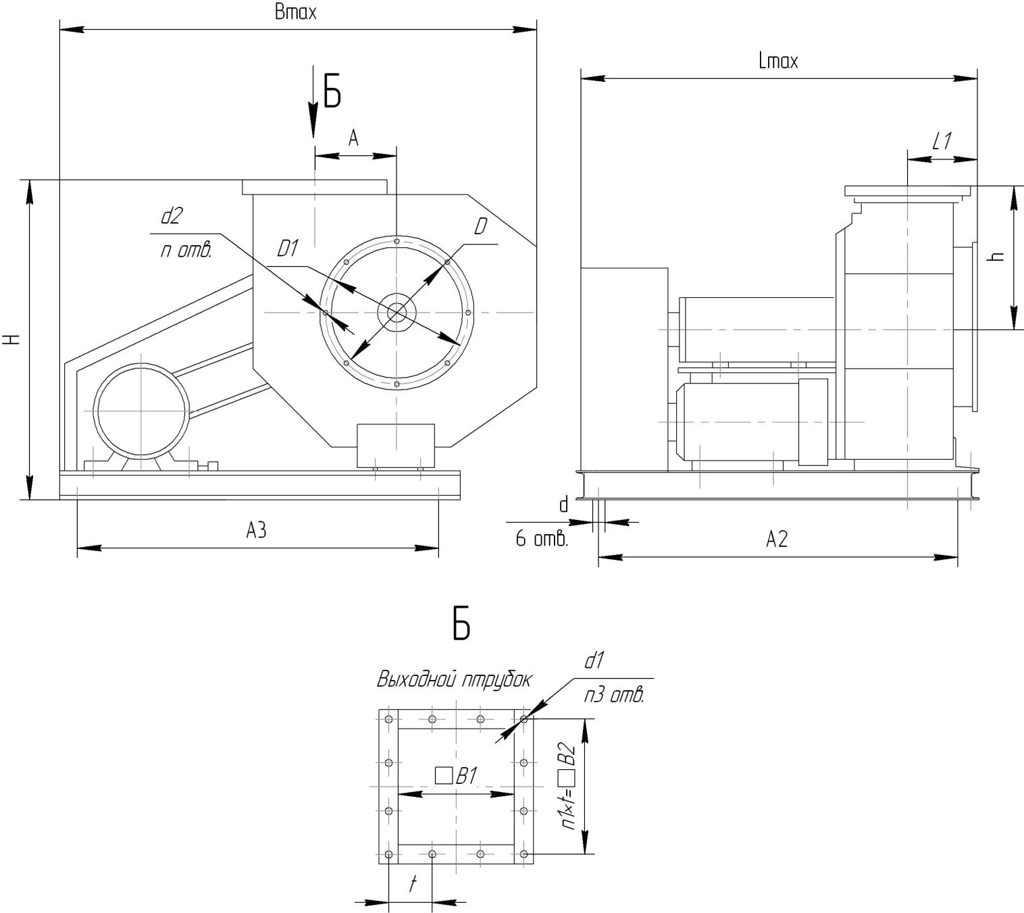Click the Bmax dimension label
[x=296, y=12]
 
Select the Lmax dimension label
[x=778, y=61]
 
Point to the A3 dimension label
[x=256, y=530]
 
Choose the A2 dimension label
[x=777, y=539]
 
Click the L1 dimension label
[x=942, y=141]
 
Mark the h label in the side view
[x=996, y=256]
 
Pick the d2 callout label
[x=172, y=215]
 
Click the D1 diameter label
[x=288, y=248]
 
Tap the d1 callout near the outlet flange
[x=594, y=660]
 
